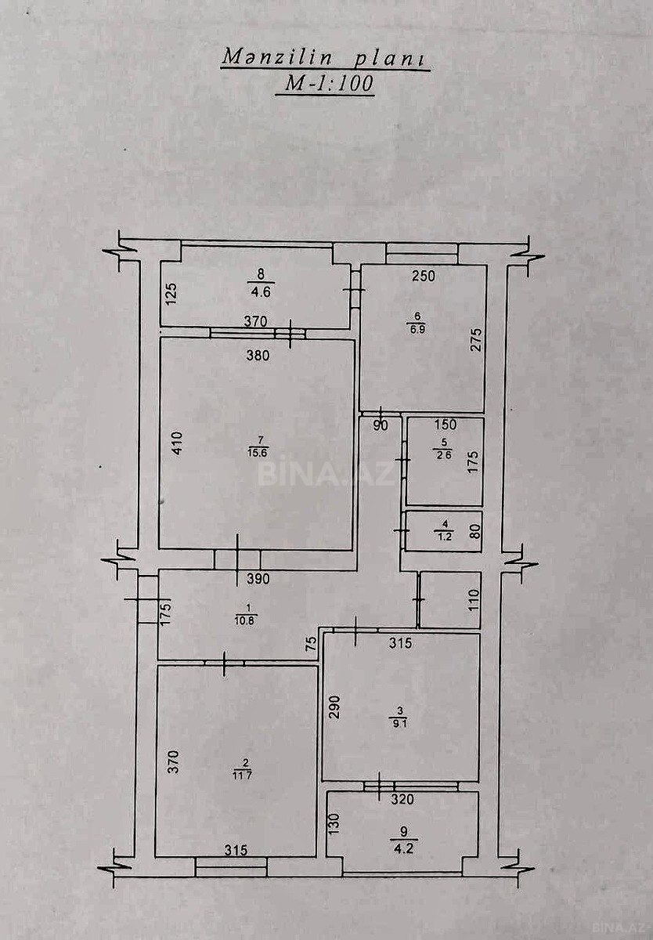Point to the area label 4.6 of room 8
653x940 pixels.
click(261, 292)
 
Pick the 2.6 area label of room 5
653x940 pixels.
click(443, 454)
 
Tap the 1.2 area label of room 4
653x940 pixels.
click(444, 536)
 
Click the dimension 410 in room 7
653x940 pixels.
click(178, 444)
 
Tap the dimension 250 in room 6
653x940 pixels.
click(423, 276)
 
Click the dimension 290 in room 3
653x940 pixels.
click(339, 707)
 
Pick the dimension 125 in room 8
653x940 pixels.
click(174, 293)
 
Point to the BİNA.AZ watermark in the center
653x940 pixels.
click(326, 474)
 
